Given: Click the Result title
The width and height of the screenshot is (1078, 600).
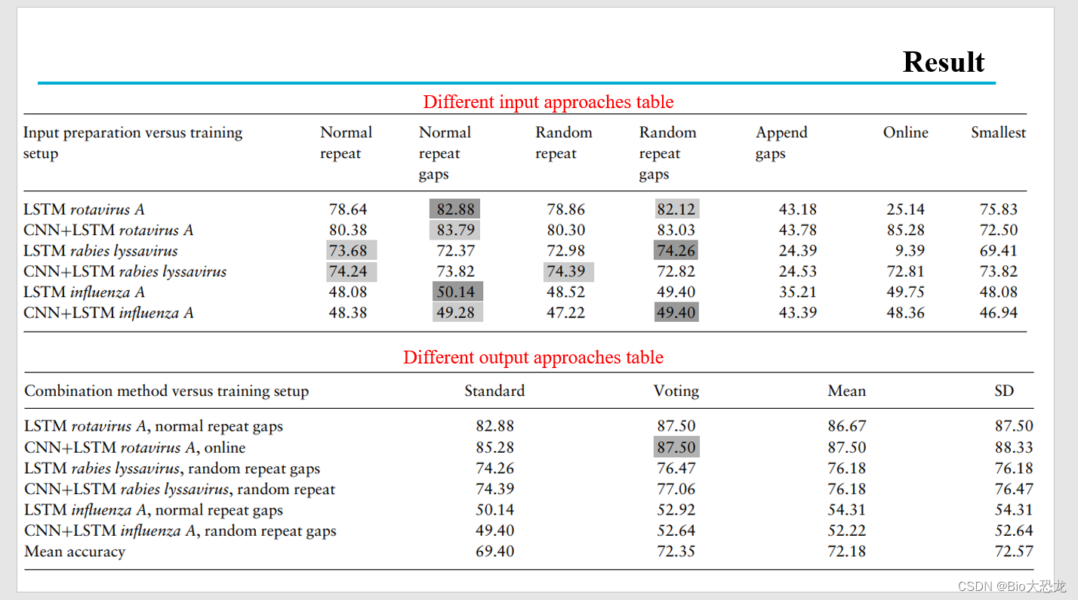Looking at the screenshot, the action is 944,62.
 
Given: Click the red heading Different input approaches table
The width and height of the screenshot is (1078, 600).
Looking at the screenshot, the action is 548,102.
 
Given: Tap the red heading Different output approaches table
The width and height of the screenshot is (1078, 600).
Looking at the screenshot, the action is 533,357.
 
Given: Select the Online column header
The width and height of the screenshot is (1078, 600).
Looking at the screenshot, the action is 905,132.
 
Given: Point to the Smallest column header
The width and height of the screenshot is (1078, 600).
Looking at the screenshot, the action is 998,132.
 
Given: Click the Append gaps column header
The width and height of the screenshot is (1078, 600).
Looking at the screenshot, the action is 781,143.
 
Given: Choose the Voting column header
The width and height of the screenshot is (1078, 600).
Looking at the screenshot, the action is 676,391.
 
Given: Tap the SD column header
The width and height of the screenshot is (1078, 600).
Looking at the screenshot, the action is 1004,391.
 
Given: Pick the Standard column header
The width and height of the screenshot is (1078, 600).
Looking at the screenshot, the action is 494,391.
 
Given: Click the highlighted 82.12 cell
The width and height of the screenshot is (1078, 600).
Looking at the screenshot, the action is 676,209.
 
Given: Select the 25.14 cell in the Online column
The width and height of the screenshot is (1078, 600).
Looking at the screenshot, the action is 905,209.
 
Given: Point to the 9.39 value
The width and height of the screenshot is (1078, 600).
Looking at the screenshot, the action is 910,251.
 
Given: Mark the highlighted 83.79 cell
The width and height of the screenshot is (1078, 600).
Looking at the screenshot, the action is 455,230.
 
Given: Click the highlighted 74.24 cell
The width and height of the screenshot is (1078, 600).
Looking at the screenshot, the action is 349,271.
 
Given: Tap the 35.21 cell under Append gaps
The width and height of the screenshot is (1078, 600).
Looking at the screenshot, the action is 797,292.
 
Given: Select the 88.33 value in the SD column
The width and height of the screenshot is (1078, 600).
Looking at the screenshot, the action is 1014,447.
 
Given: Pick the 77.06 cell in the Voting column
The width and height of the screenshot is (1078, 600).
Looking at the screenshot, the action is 676,489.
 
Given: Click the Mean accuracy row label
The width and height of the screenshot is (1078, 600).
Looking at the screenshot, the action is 75,552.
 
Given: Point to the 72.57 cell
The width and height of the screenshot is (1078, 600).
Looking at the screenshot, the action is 1014,551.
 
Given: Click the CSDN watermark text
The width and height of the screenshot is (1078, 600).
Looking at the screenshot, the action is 1012,586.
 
